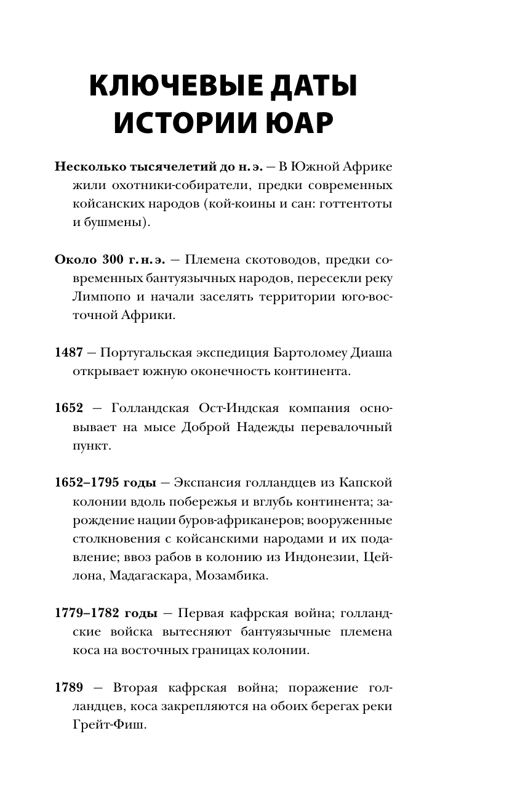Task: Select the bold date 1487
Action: [x=68, y=353]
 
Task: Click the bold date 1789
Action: [x=68, y=687]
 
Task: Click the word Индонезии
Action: [x=310, y=557]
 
